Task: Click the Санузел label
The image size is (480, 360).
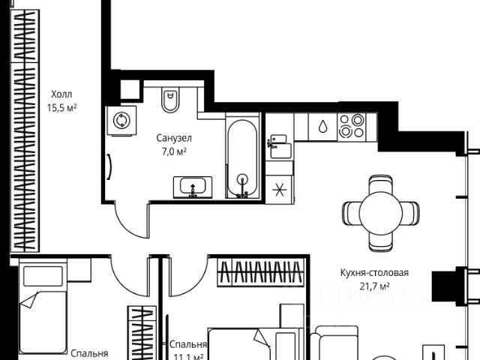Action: [174, 139]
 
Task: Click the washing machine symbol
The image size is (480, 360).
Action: [121, 120]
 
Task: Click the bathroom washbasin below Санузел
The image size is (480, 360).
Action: [193, 186]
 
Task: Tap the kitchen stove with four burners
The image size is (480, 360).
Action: [351, 125]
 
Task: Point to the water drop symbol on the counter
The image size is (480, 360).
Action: [322, 126]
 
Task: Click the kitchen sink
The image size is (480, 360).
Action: [279, 143]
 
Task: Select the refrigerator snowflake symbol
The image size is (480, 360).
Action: [278, 189]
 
